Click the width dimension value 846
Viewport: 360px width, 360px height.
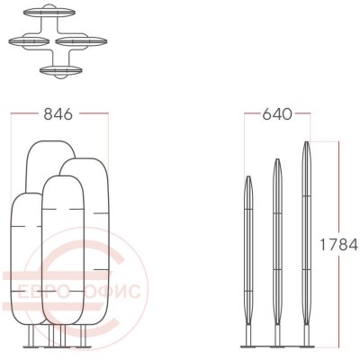coord(58,114)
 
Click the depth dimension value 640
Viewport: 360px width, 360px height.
coord(277,114)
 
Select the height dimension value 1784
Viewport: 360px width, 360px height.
coord(339,245)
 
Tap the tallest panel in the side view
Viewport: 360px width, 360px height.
coord(306,234)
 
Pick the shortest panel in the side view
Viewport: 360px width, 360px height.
coord(248,250)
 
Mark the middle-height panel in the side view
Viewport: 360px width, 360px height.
coord(277,241)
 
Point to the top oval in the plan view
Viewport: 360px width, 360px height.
coord(49,13)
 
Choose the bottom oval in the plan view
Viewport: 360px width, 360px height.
coord(61,71)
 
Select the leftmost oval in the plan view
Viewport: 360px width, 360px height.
coord(29,41)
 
